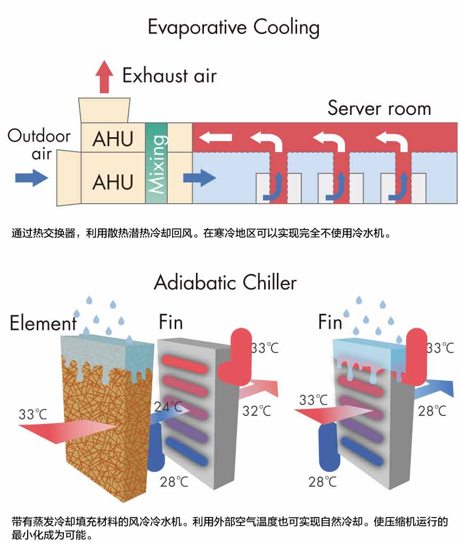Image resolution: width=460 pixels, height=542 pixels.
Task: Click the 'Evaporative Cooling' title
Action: pos(233,28)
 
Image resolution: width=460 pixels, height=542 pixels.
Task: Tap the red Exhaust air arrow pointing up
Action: pos(104,77)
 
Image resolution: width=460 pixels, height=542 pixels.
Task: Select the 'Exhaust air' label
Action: pos(169,76)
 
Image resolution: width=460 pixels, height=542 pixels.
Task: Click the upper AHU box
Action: pos(113,137)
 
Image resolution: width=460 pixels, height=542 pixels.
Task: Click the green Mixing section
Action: pos(157,163)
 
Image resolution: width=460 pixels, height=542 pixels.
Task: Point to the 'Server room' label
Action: pos(379,108)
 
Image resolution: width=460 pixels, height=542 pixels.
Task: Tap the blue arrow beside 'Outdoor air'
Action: pos(31,178)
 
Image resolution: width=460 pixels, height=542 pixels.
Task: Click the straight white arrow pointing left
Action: pos(215,138)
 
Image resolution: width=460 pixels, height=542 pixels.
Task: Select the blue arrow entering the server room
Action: pos(199,178)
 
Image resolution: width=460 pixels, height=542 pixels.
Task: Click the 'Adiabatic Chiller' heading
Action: pos(225,282)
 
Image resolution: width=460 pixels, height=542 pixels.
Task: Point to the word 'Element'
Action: pos(43,323)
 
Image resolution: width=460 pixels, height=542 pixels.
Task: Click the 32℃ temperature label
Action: pos(257,411)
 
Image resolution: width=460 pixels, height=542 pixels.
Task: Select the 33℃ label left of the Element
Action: pos(33,414)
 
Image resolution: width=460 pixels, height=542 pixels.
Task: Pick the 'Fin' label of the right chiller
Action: pos(330,322)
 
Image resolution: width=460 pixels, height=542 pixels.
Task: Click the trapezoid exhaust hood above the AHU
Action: pos(104,110)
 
